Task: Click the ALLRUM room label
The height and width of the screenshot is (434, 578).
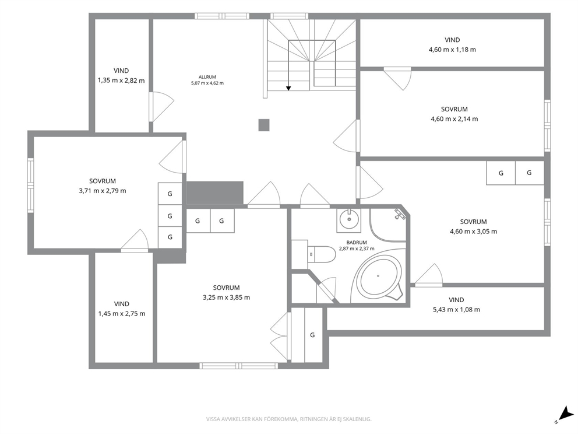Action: pos(207,77)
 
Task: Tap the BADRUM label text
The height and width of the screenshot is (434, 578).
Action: pos(357,243)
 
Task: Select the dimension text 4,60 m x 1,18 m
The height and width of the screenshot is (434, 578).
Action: pos(452,50)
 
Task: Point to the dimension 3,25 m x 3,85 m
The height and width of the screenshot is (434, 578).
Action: pos(226,297)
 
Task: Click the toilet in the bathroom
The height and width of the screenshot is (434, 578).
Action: pos(321,254)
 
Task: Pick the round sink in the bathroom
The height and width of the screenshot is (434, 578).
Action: pos(348,220)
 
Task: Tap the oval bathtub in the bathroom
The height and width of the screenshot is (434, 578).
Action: pos(378,276)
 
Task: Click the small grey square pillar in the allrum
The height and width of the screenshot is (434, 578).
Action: pos(263,125)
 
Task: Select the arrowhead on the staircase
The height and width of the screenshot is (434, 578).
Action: pos(288,88)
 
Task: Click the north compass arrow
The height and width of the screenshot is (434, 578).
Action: pos(564,412)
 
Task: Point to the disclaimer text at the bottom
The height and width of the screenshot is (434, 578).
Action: pos(288,419)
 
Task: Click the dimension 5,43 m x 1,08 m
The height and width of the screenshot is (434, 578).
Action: pos(456,310)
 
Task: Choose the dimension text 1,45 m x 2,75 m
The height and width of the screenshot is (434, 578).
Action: pos(122,314)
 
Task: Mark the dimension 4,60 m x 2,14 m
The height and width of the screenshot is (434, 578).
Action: pos(454,119)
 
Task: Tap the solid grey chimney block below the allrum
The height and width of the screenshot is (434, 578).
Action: pos(215,192)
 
